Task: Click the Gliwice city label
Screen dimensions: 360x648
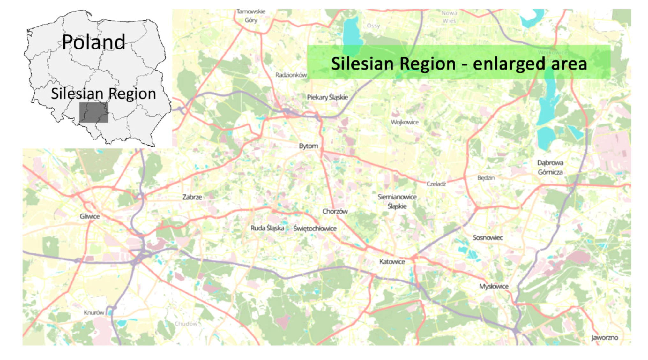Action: point(90,216)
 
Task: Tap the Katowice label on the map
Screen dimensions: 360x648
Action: point(392,262)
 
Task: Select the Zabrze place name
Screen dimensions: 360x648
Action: point(192,197)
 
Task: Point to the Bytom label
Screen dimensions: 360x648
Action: point(308,146)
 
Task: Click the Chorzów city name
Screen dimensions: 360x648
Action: point(335,211)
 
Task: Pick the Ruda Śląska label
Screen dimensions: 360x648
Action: point(267,228)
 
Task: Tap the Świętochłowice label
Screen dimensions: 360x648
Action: point(315,229)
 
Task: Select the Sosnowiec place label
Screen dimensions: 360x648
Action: point(488,238)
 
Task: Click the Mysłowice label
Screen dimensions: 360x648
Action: point(494,286)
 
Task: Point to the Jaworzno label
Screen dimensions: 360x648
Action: point(605,338)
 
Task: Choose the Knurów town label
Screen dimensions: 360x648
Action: point(94,313)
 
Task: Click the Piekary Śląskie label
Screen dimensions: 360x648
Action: point(327,97)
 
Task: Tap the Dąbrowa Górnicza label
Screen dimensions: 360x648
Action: point(550,168)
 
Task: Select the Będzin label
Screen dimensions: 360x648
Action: point(486,178)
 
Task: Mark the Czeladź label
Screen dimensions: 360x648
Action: point(436,184)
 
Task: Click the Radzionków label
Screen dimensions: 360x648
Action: point(291,75)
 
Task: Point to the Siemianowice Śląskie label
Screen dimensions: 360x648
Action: point(397,201)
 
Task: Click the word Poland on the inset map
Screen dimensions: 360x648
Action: point(93,42)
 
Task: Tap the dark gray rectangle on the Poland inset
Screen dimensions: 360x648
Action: point(93,112)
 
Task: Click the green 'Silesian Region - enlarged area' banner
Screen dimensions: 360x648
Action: point(458,63)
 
